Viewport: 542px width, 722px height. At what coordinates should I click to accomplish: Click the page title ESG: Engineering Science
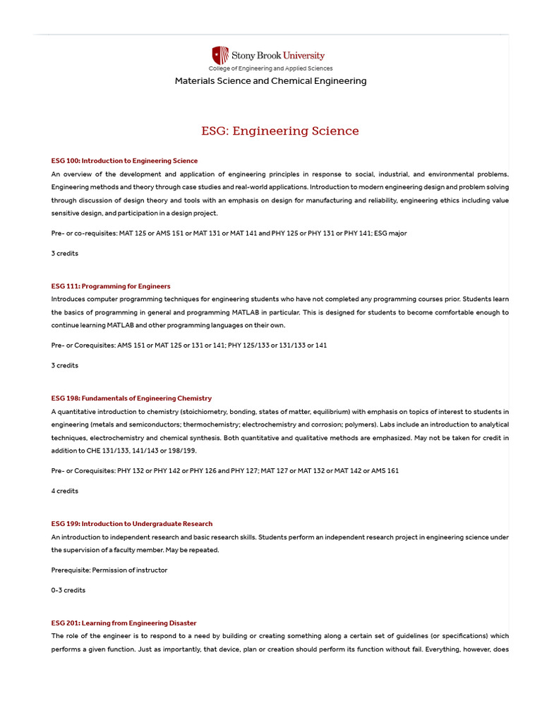280,131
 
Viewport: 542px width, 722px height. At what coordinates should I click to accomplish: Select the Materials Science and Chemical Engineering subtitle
271,81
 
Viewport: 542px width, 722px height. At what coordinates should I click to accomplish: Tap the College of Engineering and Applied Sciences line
270,68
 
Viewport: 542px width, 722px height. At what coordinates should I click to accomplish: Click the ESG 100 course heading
124,161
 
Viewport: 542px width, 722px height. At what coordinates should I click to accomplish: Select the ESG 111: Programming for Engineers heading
111,286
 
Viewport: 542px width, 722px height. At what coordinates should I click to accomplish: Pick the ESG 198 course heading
131,398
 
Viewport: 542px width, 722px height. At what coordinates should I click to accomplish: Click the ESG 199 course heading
132,524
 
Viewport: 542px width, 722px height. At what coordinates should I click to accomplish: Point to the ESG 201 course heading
124,623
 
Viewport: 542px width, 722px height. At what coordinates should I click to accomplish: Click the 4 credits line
65,491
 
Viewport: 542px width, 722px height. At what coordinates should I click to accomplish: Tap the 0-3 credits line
68,590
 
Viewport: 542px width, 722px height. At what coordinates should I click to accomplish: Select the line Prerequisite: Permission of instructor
109,570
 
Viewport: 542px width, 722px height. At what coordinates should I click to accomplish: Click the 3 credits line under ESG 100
65,253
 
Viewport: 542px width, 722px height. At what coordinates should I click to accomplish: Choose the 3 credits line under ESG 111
65,365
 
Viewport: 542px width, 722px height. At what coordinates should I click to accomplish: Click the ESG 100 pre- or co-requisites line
229,233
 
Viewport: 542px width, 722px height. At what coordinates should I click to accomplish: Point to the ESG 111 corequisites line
189,345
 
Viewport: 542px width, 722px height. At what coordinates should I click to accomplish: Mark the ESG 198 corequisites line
224,471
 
